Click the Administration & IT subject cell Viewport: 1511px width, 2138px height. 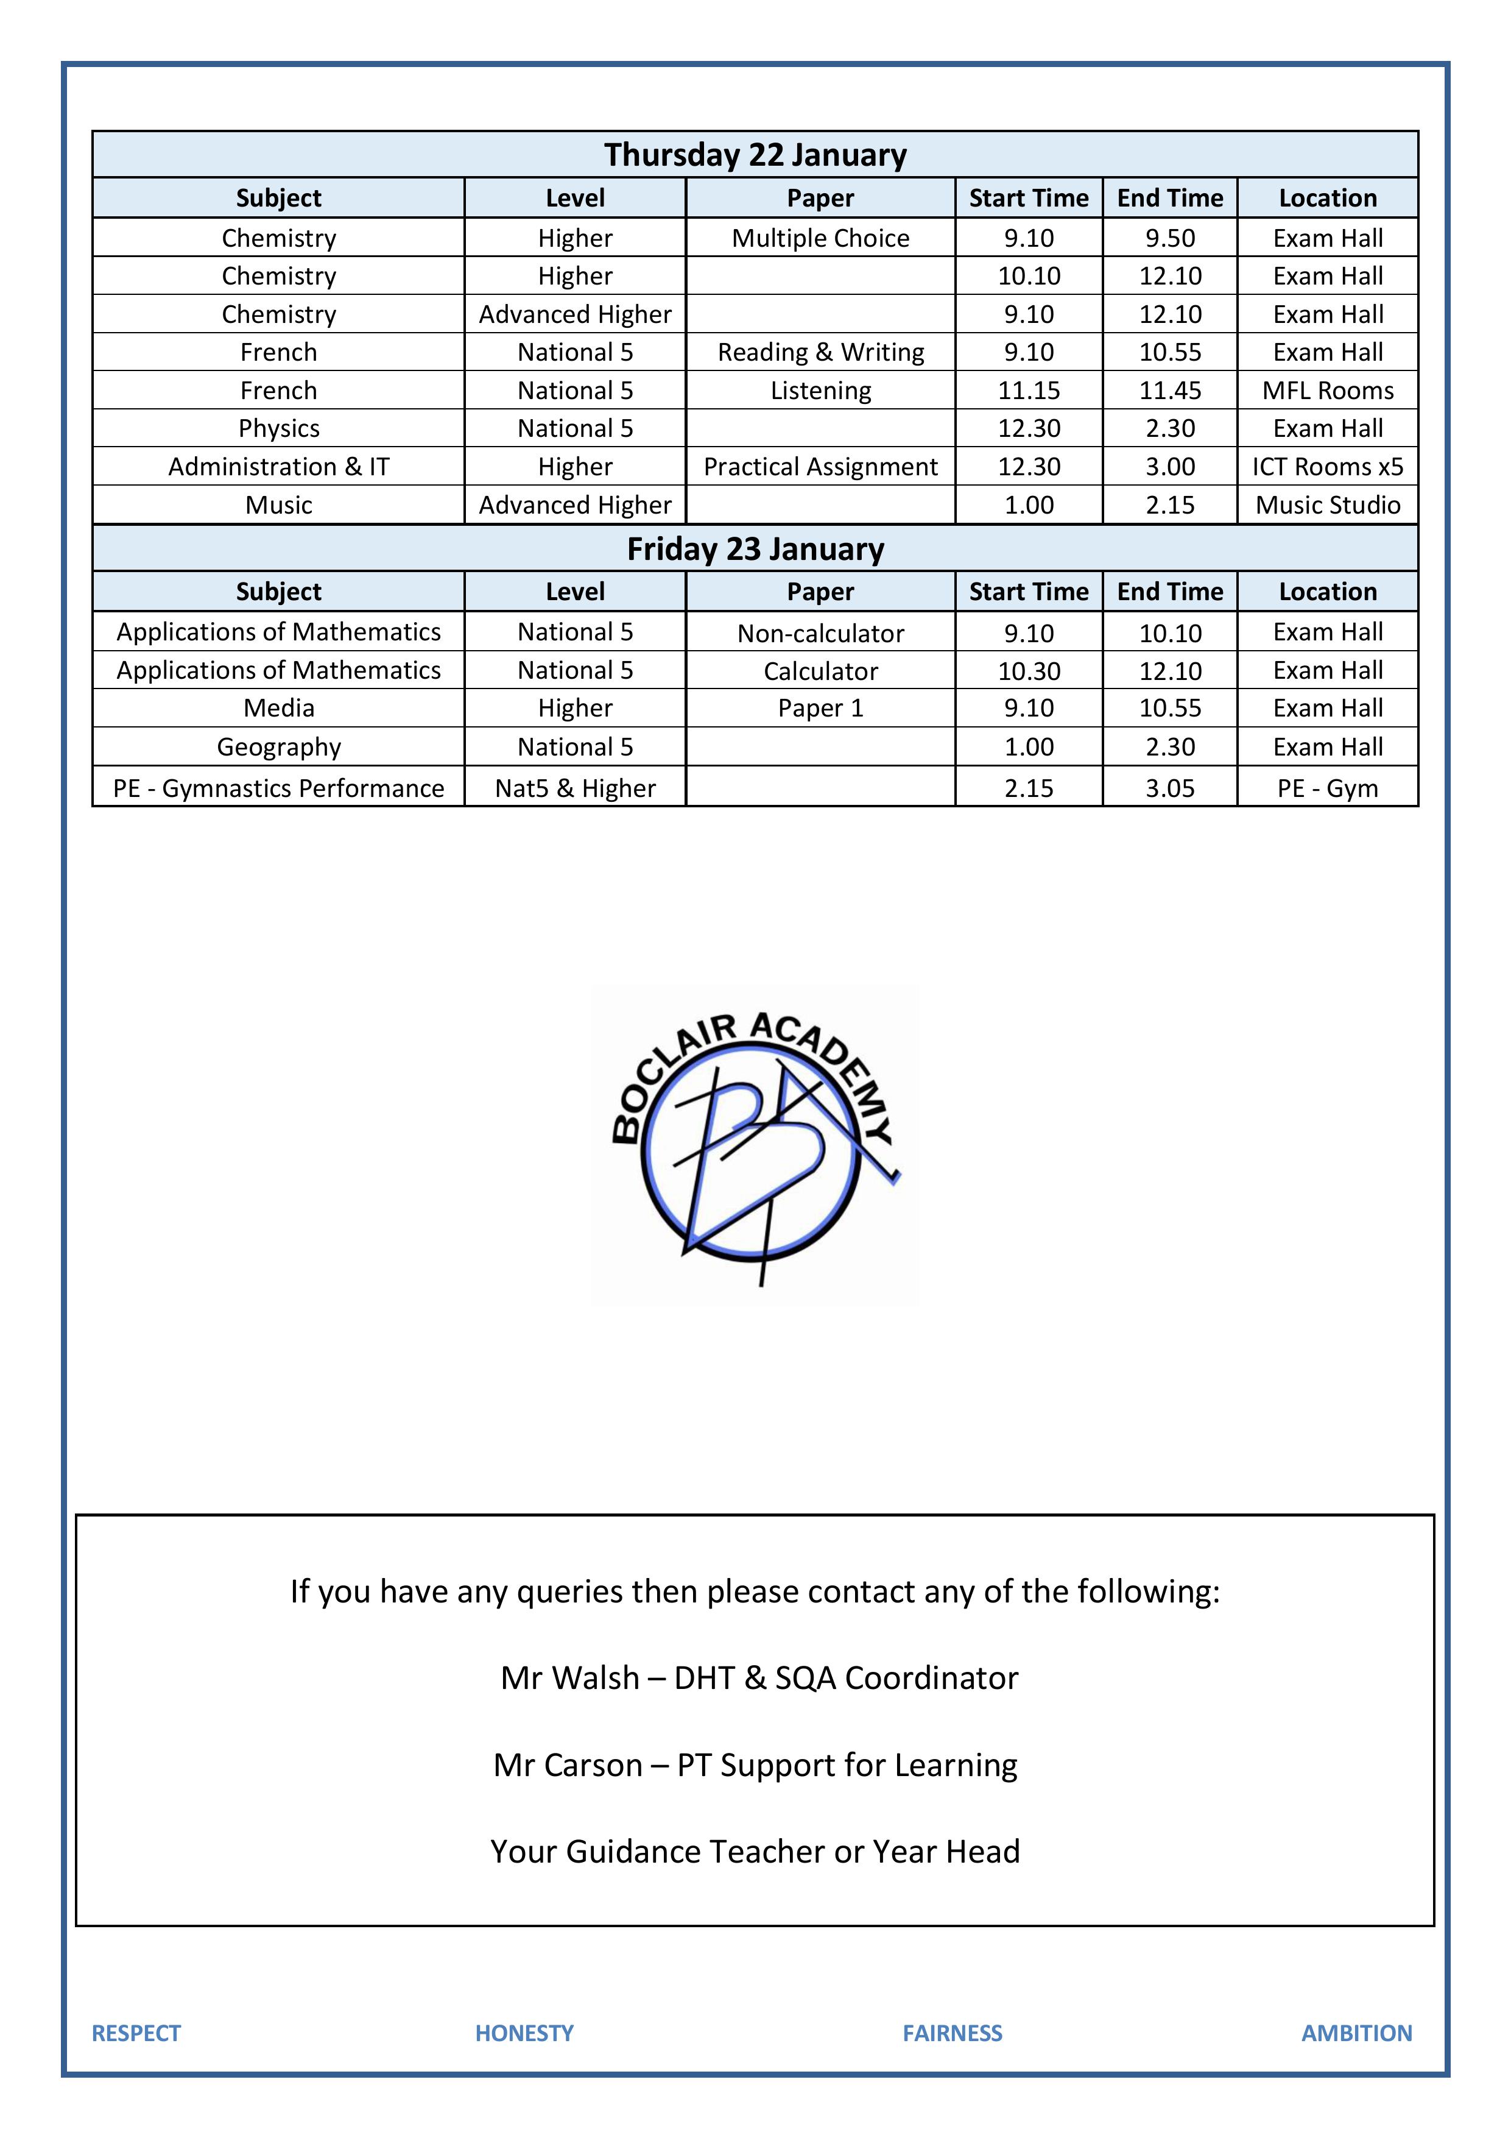(x=278, y=467)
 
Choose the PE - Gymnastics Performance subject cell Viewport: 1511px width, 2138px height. (x=278, y=788)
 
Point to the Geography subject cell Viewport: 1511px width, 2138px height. (x=278, y=747)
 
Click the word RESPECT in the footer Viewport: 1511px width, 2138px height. (x=136, y=2033)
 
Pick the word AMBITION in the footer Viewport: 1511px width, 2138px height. (x=1356, y=2033)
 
